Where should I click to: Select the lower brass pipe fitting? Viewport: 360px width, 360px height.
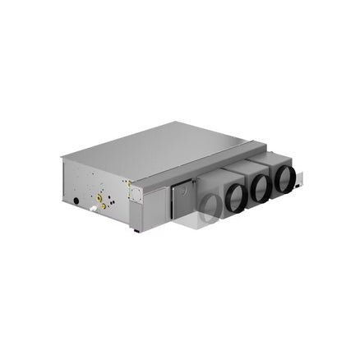[104, 206]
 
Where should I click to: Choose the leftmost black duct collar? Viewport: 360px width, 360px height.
[233, 197]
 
